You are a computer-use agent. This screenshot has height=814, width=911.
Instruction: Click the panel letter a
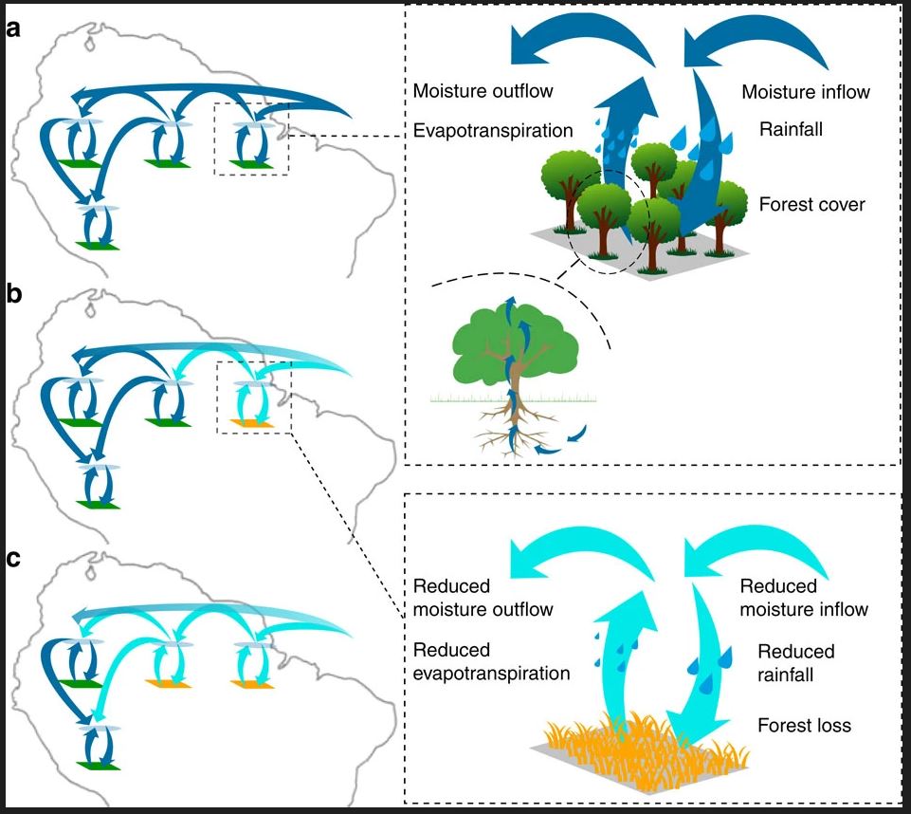pyautogui.click(x=12, y=28)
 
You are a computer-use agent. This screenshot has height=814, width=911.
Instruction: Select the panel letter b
pyautogui.click(x=13, y=293)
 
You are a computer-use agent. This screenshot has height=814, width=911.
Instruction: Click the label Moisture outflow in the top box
pyautogui.click(x=483, y=91)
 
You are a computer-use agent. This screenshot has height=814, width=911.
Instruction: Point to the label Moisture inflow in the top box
pyautogui.click(x=806, y=92)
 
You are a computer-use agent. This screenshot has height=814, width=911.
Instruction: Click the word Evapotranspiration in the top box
pyautogui.click(x=493, y=131)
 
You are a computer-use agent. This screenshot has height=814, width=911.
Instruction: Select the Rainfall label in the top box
pyautogui.click(x=791, y=128)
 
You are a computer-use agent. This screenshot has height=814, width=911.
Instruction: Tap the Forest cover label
pyautogui.click(x=812, y=204)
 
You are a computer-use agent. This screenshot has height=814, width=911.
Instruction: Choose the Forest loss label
pyautogui.click(x=804, y=725)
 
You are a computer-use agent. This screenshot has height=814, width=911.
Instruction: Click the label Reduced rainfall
pyautogui.click(x=796, y=663)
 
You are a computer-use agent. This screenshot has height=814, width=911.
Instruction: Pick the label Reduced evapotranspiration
pyautogui.click(x=491, y=661)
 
